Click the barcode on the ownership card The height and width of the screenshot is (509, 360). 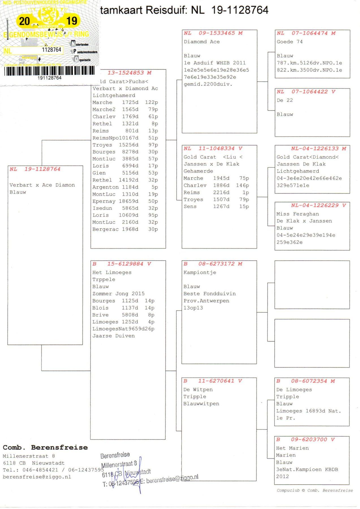pos(49,71)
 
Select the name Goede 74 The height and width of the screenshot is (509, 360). pos(290,42)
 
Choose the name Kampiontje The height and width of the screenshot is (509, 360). pos(200,272)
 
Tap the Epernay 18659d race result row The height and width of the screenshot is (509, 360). pos(125,201)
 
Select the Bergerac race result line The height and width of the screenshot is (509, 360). pos(125,229)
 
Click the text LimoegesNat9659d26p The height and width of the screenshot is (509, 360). pos(123,329)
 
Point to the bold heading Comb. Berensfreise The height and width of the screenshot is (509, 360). pos(45,447)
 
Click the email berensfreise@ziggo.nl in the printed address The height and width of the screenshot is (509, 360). pos(37,477)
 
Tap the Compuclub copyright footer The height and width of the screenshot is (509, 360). pos(314,490)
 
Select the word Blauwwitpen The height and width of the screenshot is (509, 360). pos(201,404)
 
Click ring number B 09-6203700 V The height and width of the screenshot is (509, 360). pos(305,439)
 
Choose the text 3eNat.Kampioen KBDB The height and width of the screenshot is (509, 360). pos(307,469)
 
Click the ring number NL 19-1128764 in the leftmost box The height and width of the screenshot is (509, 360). pos(35,169)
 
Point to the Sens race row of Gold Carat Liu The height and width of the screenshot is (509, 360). pos(216,207)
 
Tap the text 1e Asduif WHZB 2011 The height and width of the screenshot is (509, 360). pos(215,63)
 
